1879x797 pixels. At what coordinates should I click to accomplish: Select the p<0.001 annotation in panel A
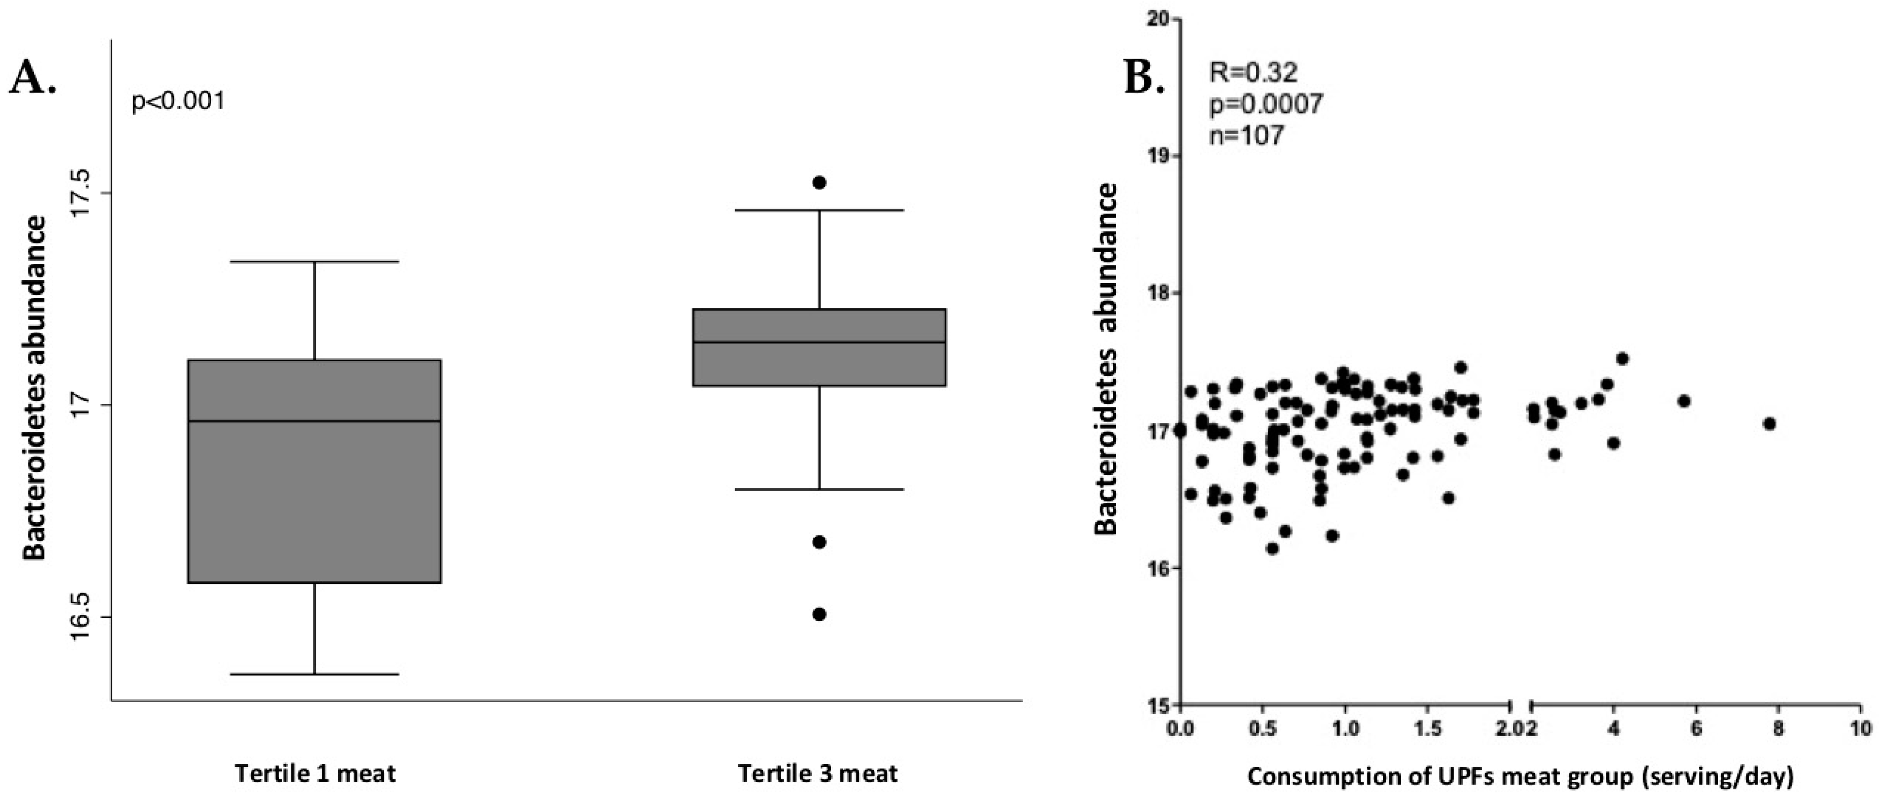(178, 102)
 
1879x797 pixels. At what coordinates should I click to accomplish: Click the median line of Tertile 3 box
(819, 342)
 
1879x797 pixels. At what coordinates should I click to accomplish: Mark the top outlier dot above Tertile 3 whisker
(819, 182)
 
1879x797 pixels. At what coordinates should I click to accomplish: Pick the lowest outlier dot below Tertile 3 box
(819, 614)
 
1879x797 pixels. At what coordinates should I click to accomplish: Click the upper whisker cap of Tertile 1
(314, 261)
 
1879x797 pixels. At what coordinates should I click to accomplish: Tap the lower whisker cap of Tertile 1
(314, 674)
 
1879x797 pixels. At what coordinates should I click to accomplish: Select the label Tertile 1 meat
(315, 773)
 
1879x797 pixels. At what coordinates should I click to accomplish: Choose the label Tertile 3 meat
(818, 773)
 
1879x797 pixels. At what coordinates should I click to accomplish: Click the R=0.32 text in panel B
(1253, 72)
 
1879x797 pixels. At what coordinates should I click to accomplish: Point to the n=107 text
(1246, 135)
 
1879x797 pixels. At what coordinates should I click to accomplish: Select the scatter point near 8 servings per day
(1769, 424)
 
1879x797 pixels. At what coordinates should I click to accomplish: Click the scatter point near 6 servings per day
(1684, 401)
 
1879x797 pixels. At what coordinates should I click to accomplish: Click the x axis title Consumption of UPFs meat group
(1520, 777)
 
